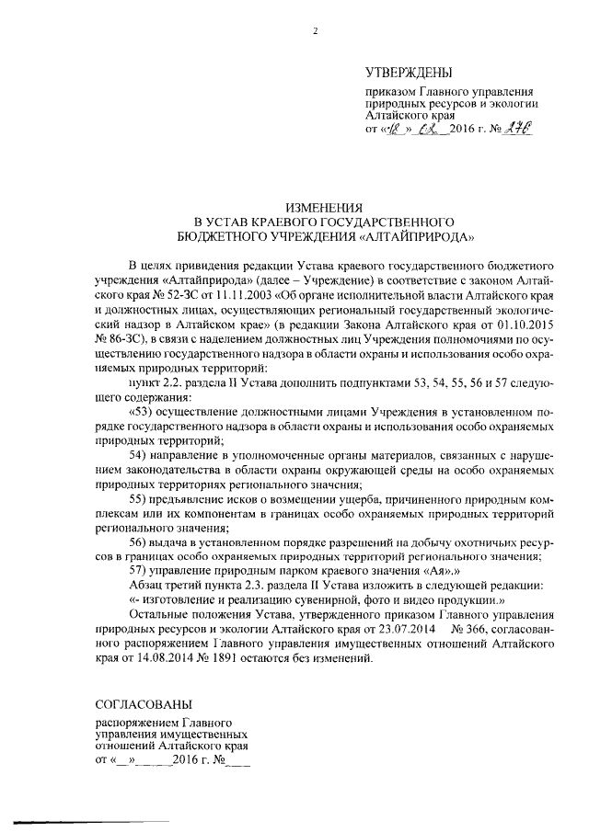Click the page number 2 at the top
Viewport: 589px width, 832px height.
coord(314,31)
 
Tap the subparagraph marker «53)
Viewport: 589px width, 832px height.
coord(144,410)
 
